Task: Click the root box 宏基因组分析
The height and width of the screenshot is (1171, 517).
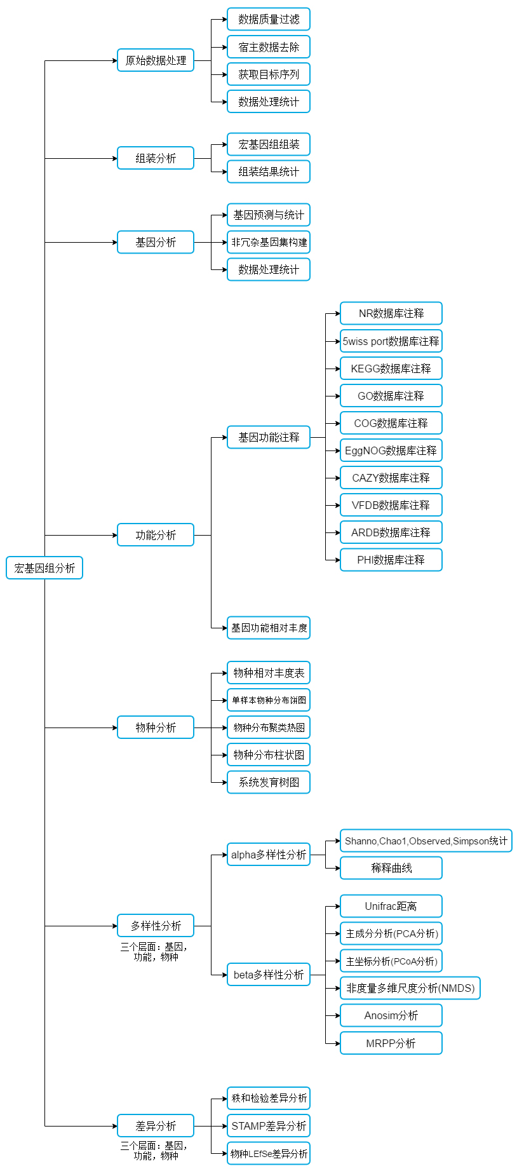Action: (44, 568)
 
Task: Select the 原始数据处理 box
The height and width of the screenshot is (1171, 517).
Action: (156, 60)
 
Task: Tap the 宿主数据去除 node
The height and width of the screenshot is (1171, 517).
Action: (269, 47)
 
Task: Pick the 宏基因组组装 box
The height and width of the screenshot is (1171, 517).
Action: (269, 144)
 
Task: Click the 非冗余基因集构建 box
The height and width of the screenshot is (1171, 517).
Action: (269, 242)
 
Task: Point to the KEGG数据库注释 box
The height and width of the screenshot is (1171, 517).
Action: (391, 369)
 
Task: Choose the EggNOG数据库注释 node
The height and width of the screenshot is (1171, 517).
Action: (391, 450)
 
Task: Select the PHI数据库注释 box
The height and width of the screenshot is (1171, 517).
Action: (391, 560)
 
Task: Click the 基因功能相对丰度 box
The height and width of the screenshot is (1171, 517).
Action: (269, 628)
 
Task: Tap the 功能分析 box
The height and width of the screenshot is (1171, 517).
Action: (156, 535)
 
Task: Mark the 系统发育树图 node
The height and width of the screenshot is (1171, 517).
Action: (269, 782)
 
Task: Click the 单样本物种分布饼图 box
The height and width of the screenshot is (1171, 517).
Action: (269, 700)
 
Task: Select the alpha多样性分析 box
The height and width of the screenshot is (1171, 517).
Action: (269, 855)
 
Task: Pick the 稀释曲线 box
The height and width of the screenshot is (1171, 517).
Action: (391, 868)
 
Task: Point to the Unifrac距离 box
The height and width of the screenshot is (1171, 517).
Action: (391, 906)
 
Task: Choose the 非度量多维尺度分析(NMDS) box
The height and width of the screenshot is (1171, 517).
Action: (410, 988)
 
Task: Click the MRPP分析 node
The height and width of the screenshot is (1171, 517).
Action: (391, 1043)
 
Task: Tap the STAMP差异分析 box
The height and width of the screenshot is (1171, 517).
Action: (269, 1126)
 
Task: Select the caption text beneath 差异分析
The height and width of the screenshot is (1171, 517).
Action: (154, 1150)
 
